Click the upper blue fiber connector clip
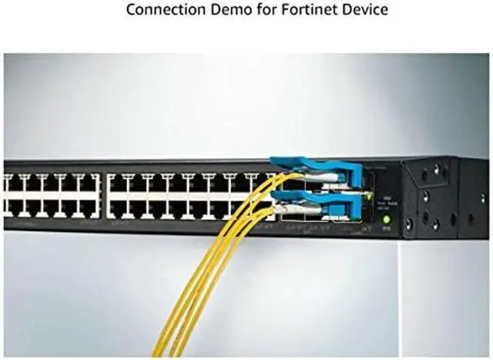tap(315, 167)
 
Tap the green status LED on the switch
tap(387, 220)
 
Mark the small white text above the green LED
tap(387, 202)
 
